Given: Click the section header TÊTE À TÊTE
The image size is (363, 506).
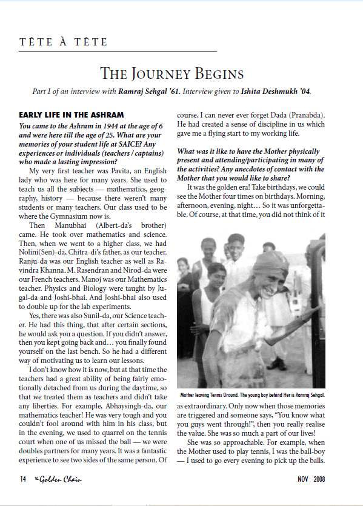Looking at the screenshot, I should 63,42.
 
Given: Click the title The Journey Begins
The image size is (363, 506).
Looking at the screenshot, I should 172,74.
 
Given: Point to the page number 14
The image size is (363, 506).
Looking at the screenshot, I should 23,478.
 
